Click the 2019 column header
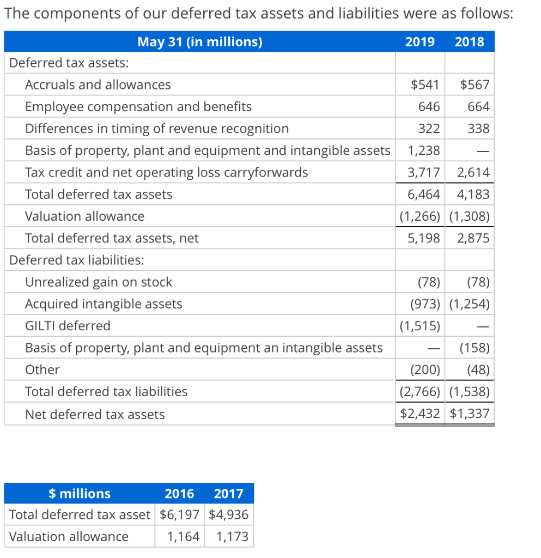[420, 41]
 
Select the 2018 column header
[469, 41]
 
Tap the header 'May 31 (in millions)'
[199, 41]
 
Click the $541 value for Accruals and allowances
[425, 85]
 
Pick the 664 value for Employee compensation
[478, 107]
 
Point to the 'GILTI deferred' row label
[68, 326]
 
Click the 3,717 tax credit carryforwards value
[424, 173]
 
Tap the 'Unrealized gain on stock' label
[99, 282]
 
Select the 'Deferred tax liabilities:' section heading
[77, 260]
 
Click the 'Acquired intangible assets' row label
[104, 304]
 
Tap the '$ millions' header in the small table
[80, 494]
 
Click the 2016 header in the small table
[179, 494]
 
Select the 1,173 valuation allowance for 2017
[232, 537]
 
